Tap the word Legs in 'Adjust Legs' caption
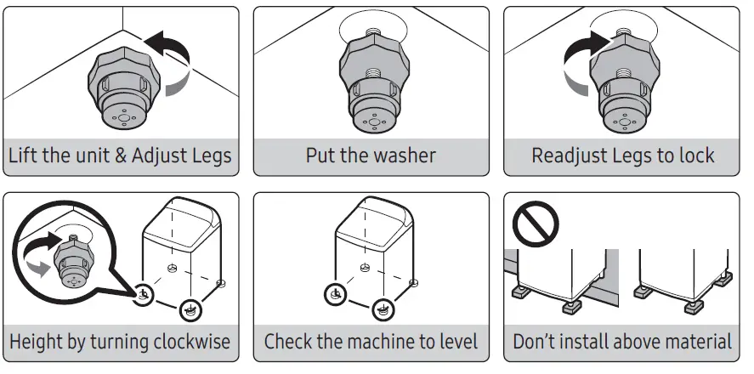207,156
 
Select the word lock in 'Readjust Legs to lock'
696,156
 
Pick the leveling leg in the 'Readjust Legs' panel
624,85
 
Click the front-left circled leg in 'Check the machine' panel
335,295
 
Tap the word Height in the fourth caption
37,343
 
